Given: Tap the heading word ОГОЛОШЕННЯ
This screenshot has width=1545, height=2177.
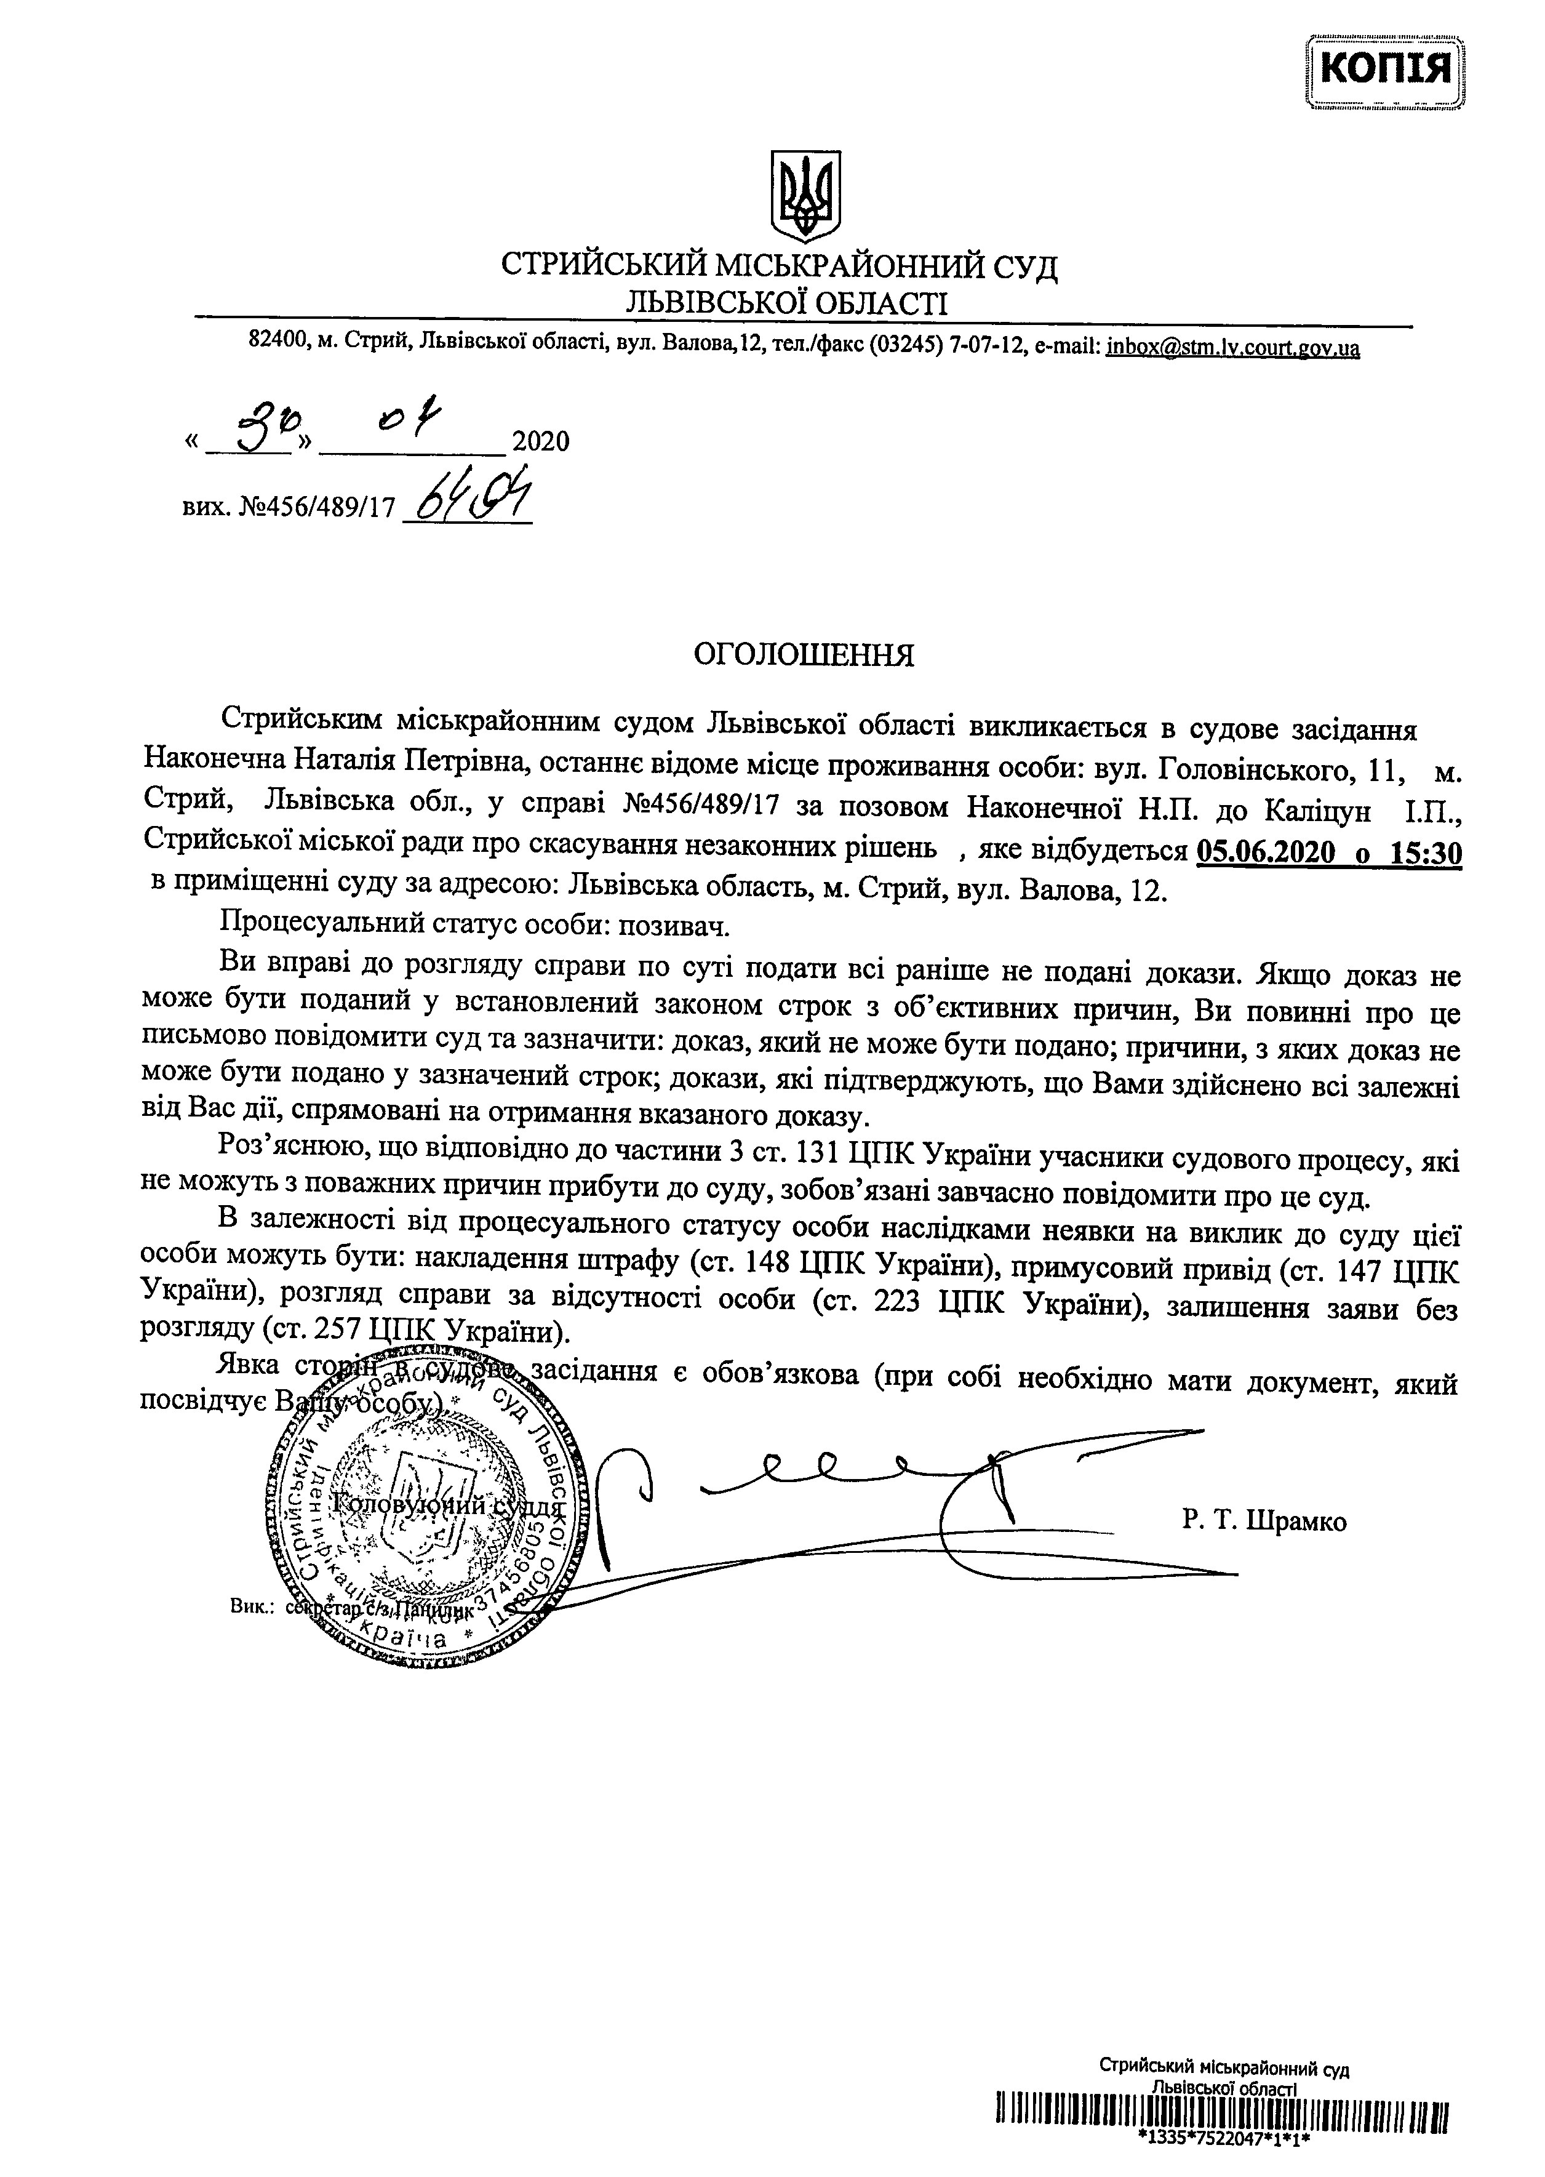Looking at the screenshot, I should point(803,655).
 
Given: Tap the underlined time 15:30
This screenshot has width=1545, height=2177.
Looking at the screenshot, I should point(1425,852).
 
